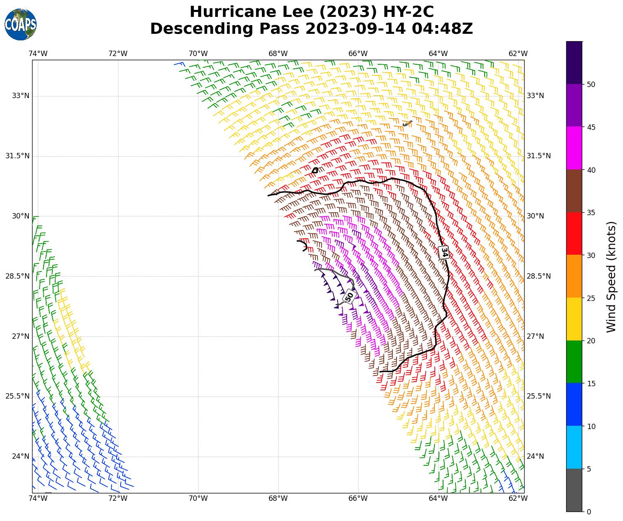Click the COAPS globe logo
point(21,25)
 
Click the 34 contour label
point(444,252)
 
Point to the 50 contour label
point(349,296)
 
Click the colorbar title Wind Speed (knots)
point(611,277)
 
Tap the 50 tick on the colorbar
point(591,84)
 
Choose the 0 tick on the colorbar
point(589,512)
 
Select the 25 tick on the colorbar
point(591,298)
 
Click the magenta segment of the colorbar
point(574,148)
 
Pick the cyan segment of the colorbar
point(574,447)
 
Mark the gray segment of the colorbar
point(574,490)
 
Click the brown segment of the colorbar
point(574,191)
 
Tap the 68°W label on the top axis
point(278,54)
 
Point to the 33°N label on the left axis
point(21,96)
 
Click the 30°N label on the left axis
point(21,216)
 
